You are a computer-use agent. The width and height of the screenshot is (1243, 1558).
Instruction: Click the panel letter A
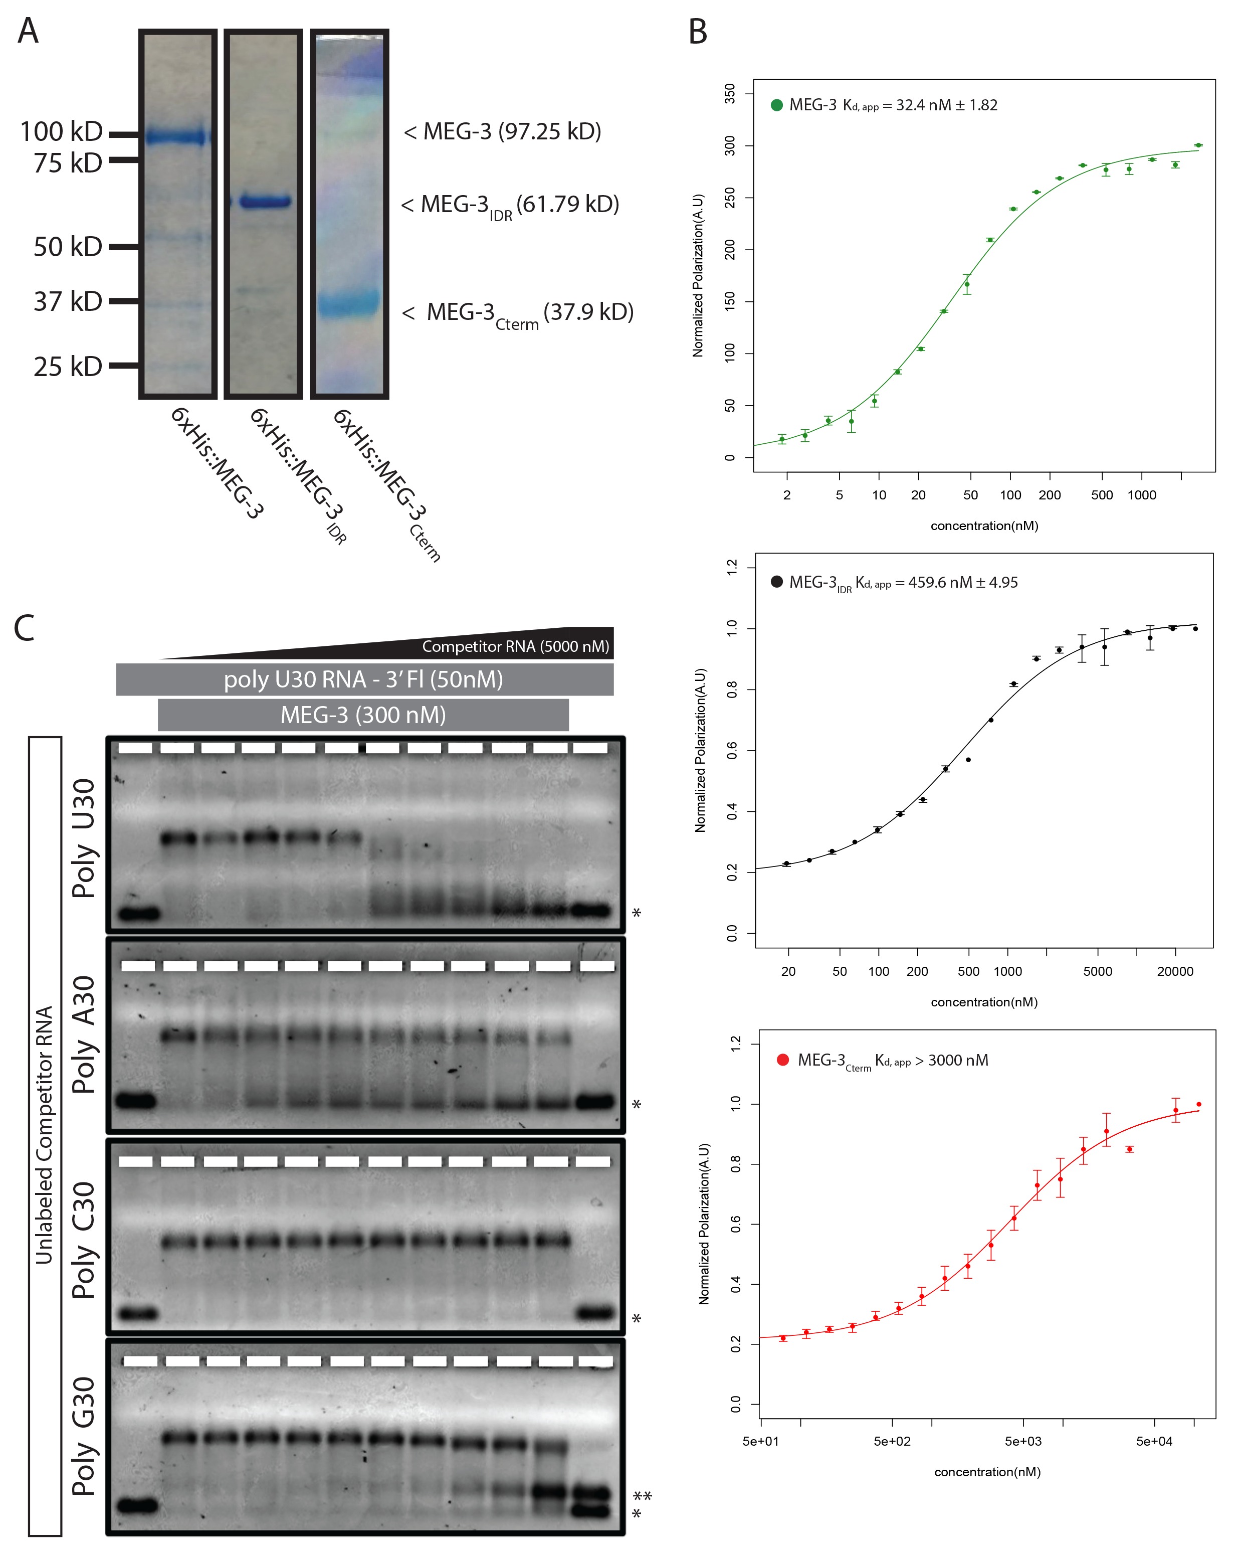28,31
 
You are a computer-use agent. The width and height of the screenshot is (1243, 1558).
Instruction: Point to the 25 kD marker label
68,367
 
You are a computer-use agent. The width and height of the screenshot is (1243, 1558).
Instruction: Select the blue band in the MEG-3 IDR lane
265,202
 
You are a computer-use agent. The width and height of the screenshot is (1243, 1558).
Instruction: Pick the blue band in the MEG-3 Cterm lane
349,303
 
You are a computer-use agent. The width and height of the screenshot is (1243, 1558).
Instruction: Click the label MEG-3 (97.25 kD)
503,131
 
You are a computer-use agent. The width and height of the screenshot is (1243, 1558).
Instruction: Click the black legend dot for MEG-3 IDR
776,582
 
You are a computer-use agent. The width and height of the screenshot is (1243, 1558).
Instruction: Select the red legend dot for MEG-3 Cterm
782,1060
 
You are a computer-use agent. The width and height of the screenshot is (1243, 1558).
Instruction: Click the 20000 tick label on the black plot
1175,972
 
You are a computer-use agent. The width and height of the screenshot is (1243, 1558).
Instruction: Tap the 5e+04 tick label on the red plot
1154,1442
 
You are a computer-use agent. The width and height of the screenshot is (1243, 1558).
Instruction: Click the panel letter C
25,627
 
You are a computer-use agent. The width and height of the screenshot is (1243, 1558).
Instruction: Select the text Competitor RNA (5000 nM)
516,646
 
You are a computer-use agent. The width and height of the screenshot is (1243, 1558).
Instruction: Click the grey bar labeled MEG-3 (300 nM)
363,715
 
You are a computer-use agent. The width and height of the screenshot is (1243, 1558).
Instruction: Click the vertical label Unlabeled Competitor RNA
44,1135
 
